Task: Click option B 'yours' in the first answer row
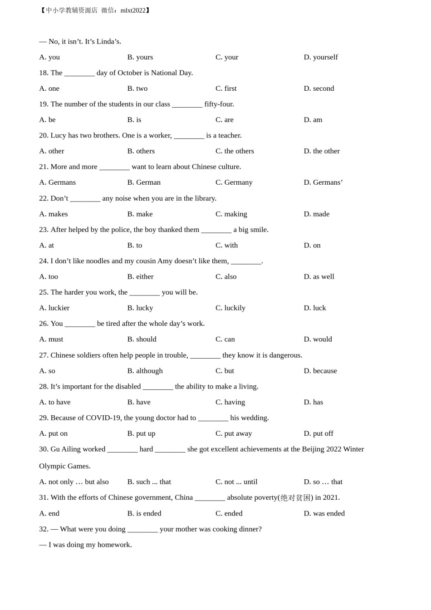click(x=140, y=57)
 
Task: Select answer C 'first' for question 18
click(x=226, y=89)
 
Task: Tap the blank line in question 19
click(x=187, y=104)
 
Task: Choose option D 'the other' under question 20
click(x=322, y=151)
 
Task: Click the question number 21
click(x=44, y=167)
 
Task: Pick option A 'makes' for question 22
click(x=54, y=214)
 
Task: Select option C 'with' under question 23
click(x=226, y=246)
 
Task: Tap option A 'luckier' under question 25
click(x=54, y=308)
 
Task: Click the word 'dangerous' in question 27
click(x=284, y=355)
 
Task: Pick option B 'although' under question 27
click(x=145, y=371)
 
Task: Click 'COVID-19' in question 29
click(x=103, y=418)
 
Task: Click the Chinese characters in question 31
click(x=295, y=498)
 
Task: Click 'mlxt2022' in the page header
click(x=133, y=10)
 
